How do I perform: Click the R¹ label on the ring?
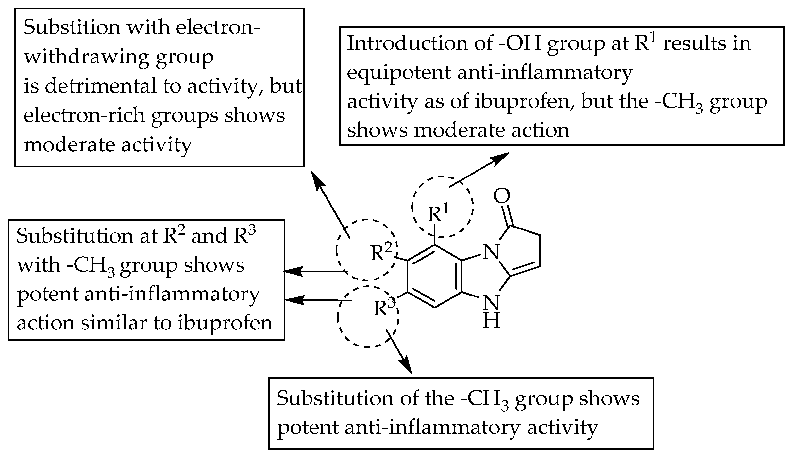click(x=438, y=214)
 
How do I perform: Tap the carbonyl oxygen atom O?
click(x=501, y=196)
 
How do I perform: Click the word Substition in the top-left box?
click(x=72, y=28)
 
